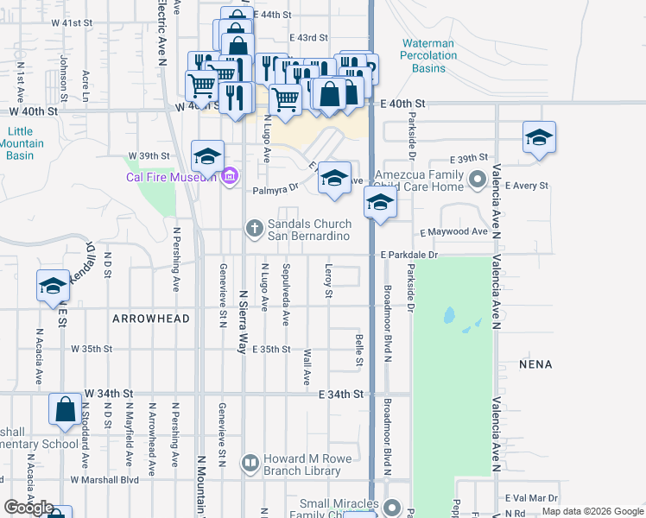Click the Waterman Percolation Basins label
(428, 55)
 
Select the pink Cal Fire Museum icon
(229, 177)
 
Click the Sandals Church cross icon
(254, 229)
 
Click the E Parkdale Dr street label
(410, 256)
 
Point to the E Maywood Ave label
(454, 232)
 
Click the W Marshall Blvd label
(104, 479)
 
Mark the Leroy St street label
(328, 281)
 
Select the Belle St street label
(358, 348)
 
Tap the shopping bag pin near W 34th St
(66, 409)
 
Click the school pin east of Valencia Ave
(539, 138)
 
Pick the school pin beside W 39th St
(207, 156)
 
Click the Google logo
(28, 508)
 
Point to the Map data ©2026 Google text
(592, 512)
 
